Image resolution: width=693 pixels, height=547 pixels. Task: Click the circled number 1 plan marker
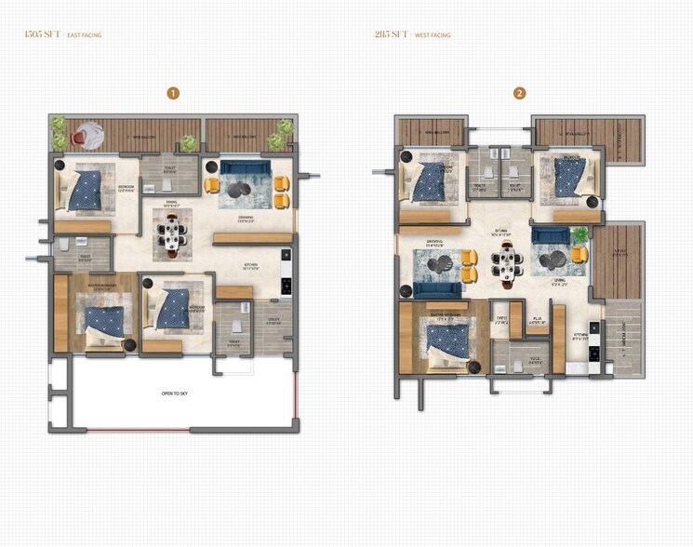(x=172, y=93)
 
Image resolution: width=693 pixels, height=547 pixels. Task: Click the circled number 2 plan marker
(x=519, y=93)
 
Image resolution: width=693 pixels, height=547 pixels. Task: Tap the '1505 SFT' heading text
(x=42, y=34)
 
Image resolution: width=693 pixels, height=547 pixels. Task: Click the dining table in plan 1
(x=172, y=233)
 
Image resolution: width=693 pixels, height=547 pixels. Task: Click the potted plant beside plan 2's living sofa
(x=580, y=233)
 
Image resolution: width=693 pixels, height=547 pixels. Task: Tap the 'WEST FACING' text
(x=433, y=35)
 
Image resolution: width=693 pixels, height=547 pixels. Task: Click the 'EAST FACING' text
(x=85, y=35)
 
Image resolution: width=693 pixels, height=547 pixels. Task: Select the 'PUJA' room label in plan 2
(x=538, y=318)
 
